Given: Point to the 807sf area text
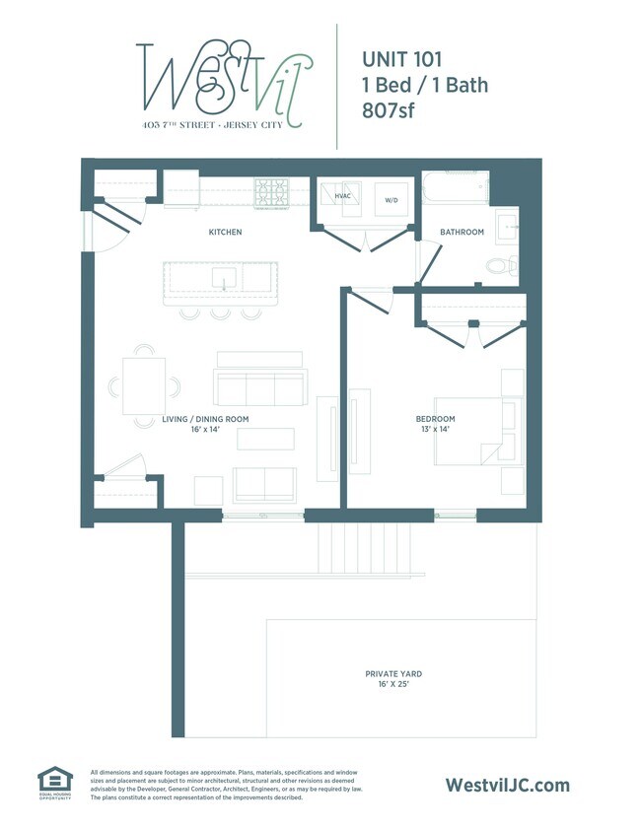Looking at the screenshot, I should click(389, 110).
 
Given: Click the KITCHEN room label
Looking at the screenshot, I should click(225, 233).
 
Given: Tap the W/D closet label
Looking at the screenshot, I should click(392, 200).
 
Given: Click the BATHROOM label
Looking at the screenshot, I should click(462, 232).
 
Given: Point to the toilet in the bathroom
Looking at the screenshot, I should click(500, 264).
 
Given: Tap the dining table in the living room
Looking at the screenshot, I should click(144, 385).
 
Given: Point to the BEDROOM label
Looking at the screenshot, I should click(435, 419).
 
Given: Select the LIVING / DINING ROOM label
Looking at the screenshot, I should click(205, 419).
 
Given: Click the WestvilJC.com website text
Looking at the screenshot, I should click(508, 785).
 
